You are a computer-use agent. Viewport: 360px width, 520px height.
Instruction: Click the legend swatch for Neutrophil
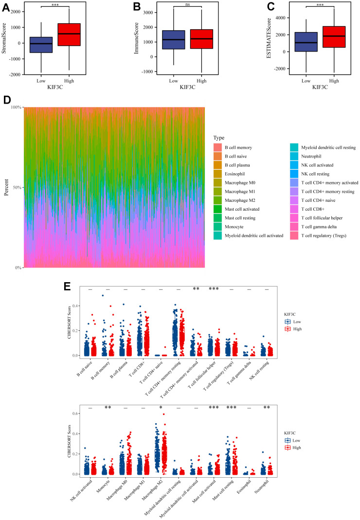click(294, 156)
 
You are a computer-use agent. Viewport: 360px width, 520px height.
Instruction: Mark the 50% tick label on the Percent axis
click(16, 187)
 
